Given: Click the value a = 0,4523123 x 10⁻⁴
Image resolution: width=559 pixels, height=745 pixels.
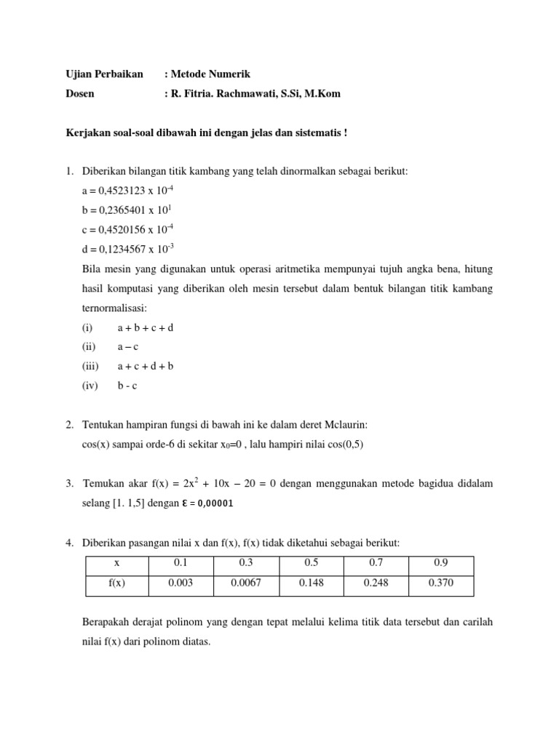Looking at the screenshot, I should tap(127, 191).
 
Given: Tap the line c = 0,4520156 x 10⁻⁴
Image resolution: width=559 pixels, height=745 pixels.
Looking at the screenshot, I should tap(127, 231).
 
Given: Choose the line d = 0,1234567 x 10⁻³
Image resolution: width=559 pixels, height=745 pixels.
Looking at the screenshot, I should tap(127, 250).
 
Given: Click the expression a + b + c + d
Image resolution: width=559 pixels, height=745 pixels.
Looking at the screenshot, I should tap(146, 327).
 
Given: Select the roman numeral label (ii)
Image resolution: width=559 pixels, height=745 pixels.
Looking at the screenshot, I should tap(89, 347).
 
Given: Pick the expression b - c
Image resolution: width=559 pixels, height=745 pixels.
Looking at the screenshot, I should tap(127, 386).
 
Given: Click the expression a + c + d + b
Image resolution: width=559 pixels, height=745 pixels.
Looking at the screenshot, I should tap(146, 367).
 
